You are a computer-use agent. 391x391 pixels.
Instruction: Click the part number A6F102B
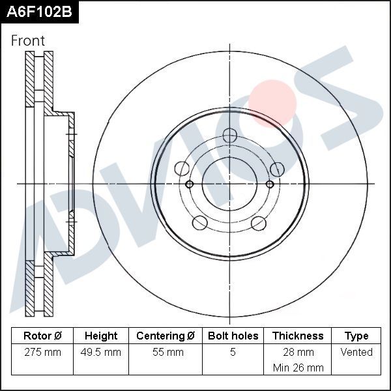39,12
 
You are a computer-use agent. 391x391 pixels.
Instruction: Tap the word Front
28,40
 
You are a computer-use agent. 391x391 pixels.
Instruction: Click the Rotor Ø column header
42,336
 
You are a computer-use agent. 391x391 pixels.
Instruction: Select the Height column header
101,336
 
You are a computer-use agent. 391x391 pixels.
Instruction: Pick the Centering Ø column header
166,336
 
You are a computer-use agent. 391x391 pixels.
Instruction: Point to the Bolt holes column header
233,336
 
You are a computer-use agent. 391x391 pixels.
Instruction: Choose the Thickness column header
298,336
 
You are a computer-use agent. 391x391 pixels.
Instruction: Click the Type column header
356,336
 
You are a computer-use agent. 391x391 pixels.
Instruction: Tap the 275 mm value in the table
42,352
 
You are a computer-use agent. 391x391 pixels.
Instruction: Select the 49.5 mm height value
102,352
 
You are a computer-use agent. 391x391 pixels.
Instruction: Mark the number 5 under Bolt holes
233,352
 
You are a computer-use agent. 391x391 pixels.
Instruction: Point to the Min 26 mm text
298,368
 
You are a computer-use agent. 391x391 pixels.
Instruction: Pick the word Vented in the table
356,352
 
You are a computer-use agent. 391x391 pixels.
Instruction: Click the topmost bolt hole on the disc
229,136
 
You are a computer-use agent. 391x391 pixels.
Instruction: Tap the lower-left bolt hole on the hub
200,224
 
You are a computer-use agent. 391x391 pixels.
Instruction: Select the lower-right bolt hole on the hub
259,224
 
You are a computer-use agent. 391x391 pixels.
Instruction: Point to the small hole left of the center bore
190,184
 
